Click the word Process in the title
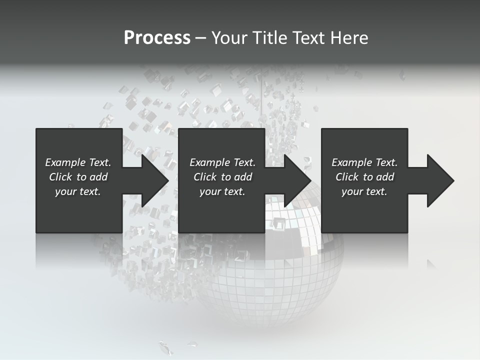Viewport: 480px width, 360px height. pyautogui.click(x=157, y=38)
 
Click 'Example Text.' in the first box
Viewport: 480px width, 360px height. pyautogui.click(x=78, y=162)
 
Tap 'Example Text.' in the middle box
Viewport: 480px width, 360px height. pyautogui.click(x=222, y=162)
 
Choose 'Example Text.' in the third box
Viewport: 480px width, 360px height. pyautogui.click(x=364, y=162)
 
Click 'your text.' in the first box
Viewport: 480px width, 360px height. pyautogui.click(x=78, y=191)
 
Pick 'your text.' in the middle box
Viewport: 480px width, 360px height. pyautogui.click(x=222, y=191)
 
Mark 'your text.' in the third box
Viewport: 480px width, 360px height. pyautogui.click(x=364, y=191)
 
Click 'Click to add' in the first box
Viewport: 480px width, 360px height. pyautogui.click(x=78, y=177)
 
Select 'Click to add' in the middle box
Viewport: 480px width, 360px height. pyautogui.click(x=222, y=177)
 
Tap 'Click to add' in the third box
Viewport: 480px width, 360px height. pyautogui.click(x=364, y=177)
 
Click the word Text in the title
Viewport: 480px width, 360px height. pyautogui.click(x=308, y=38)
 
